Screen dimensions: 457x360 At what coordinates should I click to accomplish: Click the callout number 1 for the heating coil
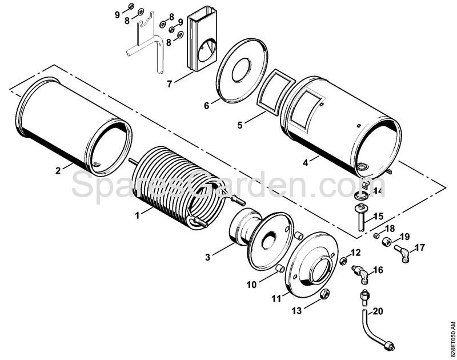(x=137, y=215)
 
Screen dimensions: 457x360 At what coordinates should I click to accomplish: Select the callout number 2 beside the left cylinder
(x=58, y=170)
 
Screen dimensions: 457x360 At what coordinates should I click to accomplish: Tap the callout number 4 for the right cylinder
(x=306, y=163)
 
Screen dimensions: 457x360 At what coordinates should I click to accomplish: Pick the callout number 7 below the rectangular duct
(x=169, y=83)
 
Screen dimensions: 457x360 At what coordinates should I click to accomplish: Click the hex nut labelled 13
(x=324, y=295)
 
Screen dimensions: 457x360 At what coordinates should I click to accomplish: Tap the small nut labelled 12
(x=343, y=261)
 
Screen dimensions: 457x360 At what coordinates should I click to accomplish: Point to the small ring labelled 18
(x=376, y=235)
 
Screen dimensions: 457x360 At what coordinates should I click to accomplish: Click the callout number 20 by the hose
(x=378, y=311)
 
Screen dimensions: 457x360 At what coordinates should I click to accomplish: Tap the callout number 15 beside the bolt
(x=379, y=217)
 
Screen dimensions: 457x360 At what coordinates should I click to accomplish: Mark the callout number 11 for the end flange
(x=276, y=298)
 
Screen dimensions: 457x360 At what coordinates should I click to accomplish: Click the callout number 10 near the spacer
(x=251, y=285)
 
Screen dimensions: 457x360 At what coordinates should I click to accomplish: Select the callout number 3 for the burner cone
(x=207, y=257)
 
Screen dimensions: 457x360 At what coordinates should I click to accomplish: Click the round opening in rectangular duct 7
(x=207, y=51)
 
